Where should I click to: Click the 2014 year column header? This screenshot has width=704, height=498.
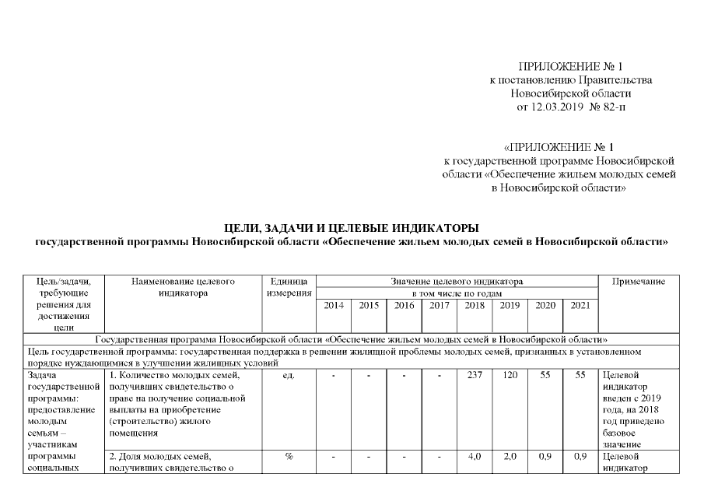[x=334, y=306]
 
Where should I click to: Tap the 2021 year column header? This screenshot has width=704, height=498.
[x=580, y=306]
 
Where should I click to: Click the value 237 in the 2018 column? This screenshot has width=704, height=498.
[x=475, y=376]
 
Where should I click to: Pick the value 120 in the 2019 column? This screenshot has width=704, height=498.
[x=510, y=376]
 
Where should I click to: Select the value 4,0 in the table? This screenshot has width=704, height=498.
[x=475, y=456]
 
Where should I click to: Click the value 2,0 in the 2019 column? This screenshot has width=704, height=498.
[x=510, y=456]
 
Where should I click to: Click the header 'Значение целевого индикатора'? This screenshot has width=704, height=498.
[x=457, y=281]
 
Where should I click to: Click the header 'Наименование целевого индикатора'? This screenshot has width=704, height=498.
[x=182, y=287]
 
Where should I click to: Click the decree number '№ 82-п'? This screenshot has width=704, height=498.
[x=608, y=106]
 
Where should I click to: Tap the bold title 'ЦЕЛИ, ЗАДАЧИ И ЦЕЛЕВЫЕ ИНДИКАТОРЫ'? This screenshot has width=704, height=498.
[x=352, y=227]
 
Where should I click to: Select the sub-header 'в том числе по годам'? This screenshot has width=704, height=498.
[x=457, y=293]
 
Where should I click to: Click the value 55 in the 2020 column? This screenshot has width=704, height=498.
[x=545, y=376]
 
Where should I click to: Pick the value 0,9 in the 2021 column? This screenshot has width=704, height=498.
[x=580, y=456]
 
